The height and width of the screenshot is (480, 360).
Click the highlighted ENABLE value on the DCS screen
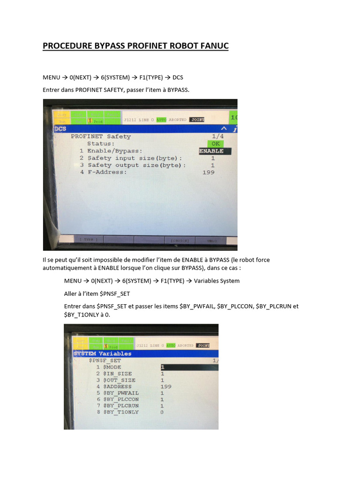click(211, 151)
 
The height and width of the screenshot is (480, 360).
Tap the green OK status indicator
click(215, 143)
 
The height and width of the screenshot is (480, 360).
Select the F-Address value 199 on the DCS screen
click(209, 172)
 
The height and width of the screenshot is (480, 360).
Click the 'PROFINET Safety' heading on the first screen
click(101, 136)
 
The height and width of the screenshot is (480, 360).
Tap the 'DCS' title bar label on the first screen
click(60, 128)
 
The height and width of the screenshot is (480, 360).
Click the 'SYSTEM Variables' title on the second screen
click(103, 353)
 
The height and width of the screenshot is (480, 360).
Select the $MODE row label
click(112, 367)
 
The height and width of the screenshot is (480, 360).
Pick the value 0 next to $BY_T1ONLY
click(162, 412)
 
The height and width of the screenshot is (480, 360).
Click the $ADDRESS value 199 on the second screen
click(166, 387)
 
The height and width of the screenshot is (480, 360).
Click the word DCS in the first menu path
click(178, 77)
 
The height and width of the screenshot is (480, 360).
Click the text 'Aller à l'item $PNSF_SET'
click(97, 293)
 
